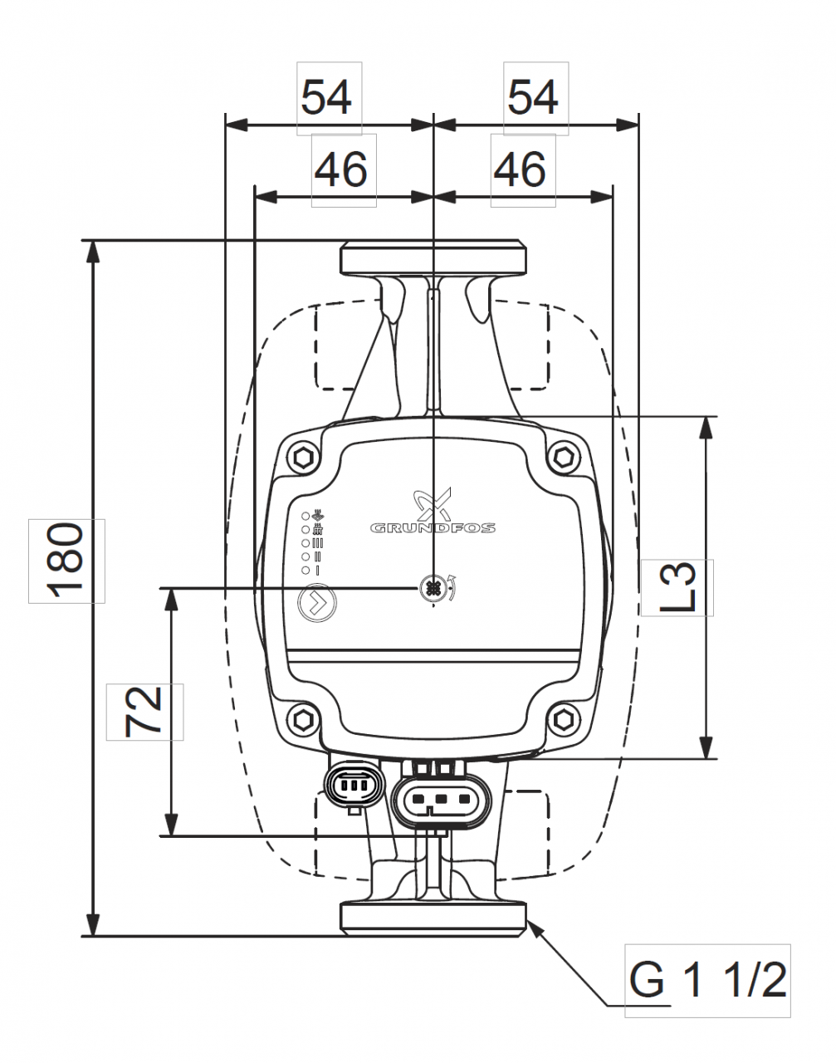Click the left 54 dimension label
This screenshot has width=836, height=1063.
coord(330,98)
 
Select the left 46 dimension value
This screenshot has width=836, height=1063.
coord(343,170)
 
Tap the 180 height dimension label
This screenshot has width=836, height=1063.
coord(66,561)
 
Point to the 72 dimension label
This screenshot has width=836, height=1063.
coord(145,712)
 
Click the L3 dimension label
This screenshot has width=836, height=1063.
coord(677,587)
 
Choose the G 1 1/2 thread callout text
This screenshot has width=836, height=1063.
coord(707,980)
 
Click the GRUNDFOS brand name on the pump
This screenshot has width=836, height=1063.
coord(433,527)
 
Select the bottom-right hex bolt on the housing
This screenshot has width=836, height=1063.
coord(565,718)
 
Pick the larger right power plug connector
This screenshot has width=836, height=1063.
coord(441,801)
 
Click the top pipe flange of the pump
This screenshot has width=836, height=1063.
coord(433,257)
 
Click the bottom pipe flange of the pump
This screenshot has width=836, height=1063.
coord(433,917)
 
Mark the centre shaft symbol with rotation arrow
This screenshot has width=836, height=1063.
coord(433,588)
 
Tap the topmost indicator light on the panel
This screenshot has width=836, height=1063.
coord(306,515)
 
